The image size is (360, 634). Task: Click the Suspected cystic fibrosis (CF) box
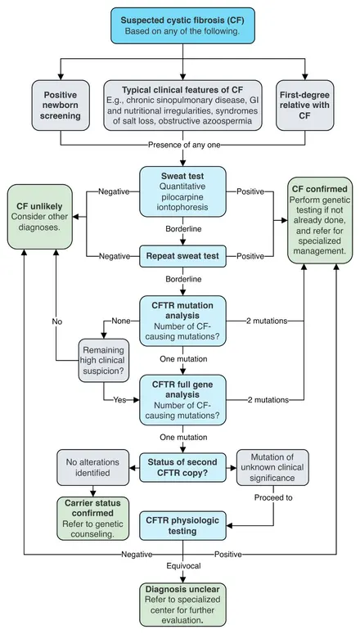[x=182, y=25]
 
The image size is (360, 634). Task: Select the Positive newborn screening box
[x=61, y=106]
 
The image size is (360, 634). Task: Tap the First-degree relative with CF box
[x=305, y=106]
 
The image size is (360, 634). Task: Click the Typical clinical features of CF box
[x=182, y=106]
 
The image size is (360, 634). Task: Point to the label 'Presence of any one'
[x=184, y=145]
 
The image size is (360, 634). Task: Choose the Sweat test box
[x=182, y=191]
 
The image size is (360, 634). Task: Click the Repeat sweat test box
[x=182, y=256]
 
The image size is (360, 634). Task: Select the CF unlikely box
[x=39, y=217]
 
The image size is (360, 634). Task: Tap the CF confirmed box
[x=320, y=220]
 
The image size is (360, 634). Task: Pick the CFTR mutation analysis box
[x=182, y=321]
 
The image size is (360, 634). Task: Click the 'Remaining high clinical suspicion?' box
[x=104, y=359]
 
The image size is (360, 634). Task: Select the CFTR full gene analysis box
[x=182, y=400]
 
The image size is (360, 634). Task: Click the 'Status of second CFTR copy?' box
[x=182, y=467]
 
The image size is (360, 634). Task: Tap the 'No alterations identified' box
[x=93, y=467]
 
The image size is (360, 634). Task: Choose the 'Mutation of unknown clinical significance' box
[x=272, y=467]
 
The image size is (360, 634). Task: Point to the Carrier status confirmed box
[x=93, y=519]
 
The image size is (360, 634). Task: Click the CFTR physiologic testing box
[x=182, y=526]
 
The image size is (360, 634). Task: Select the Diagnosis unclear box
[x=182, y=605]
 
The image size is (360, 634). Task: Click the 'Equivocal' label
[x=183, y=565]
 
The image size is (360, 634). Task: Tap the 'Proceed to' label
[x=273, y=497]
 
